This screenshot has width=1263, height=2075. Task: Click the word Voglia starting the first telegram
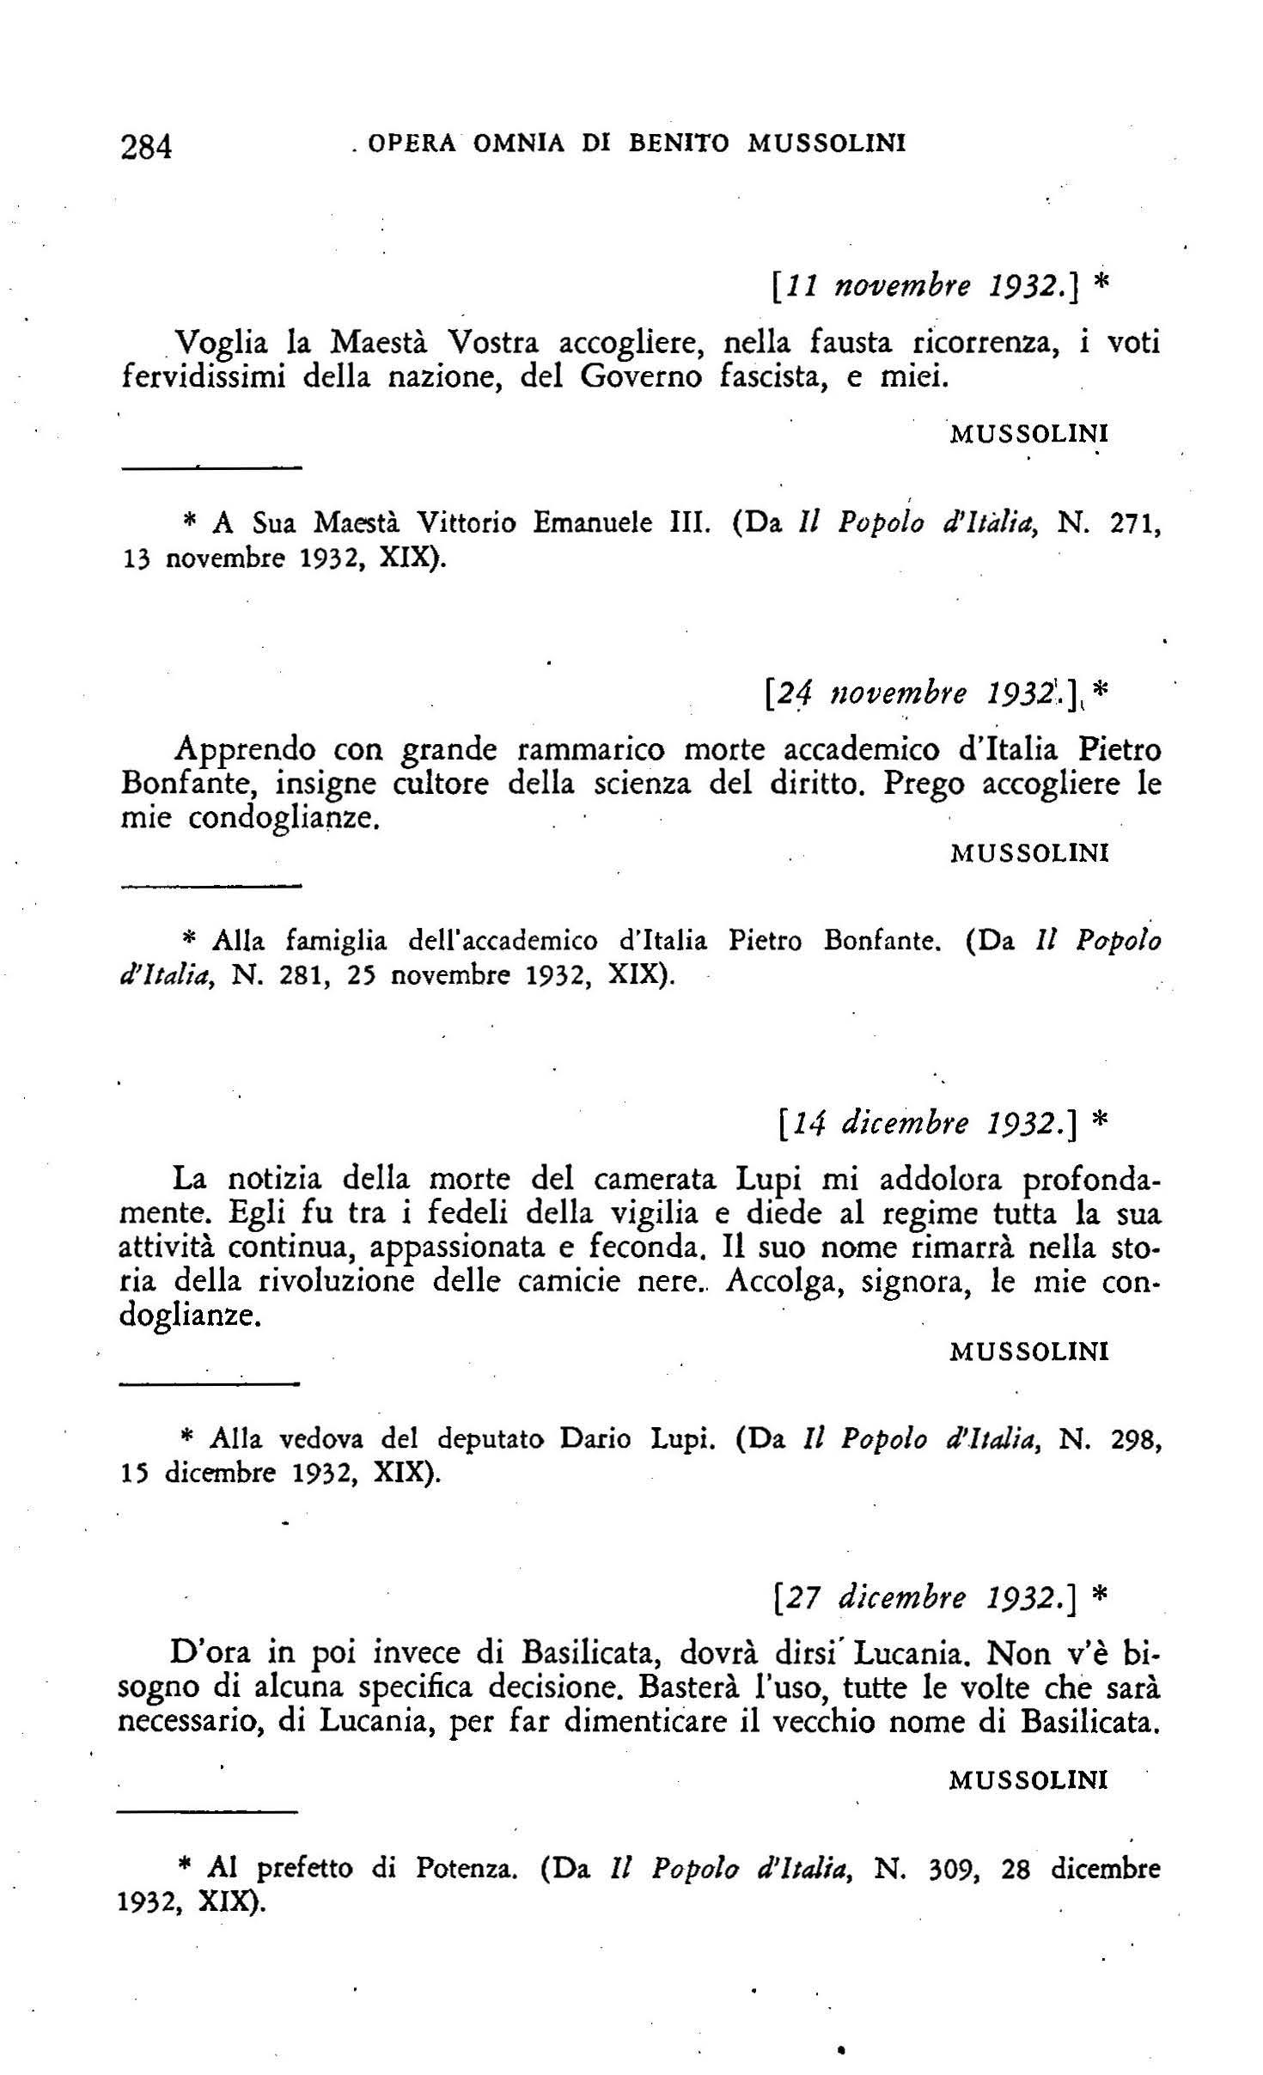220,345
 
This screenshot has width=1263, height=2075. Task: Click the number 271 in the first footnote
1132,523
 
